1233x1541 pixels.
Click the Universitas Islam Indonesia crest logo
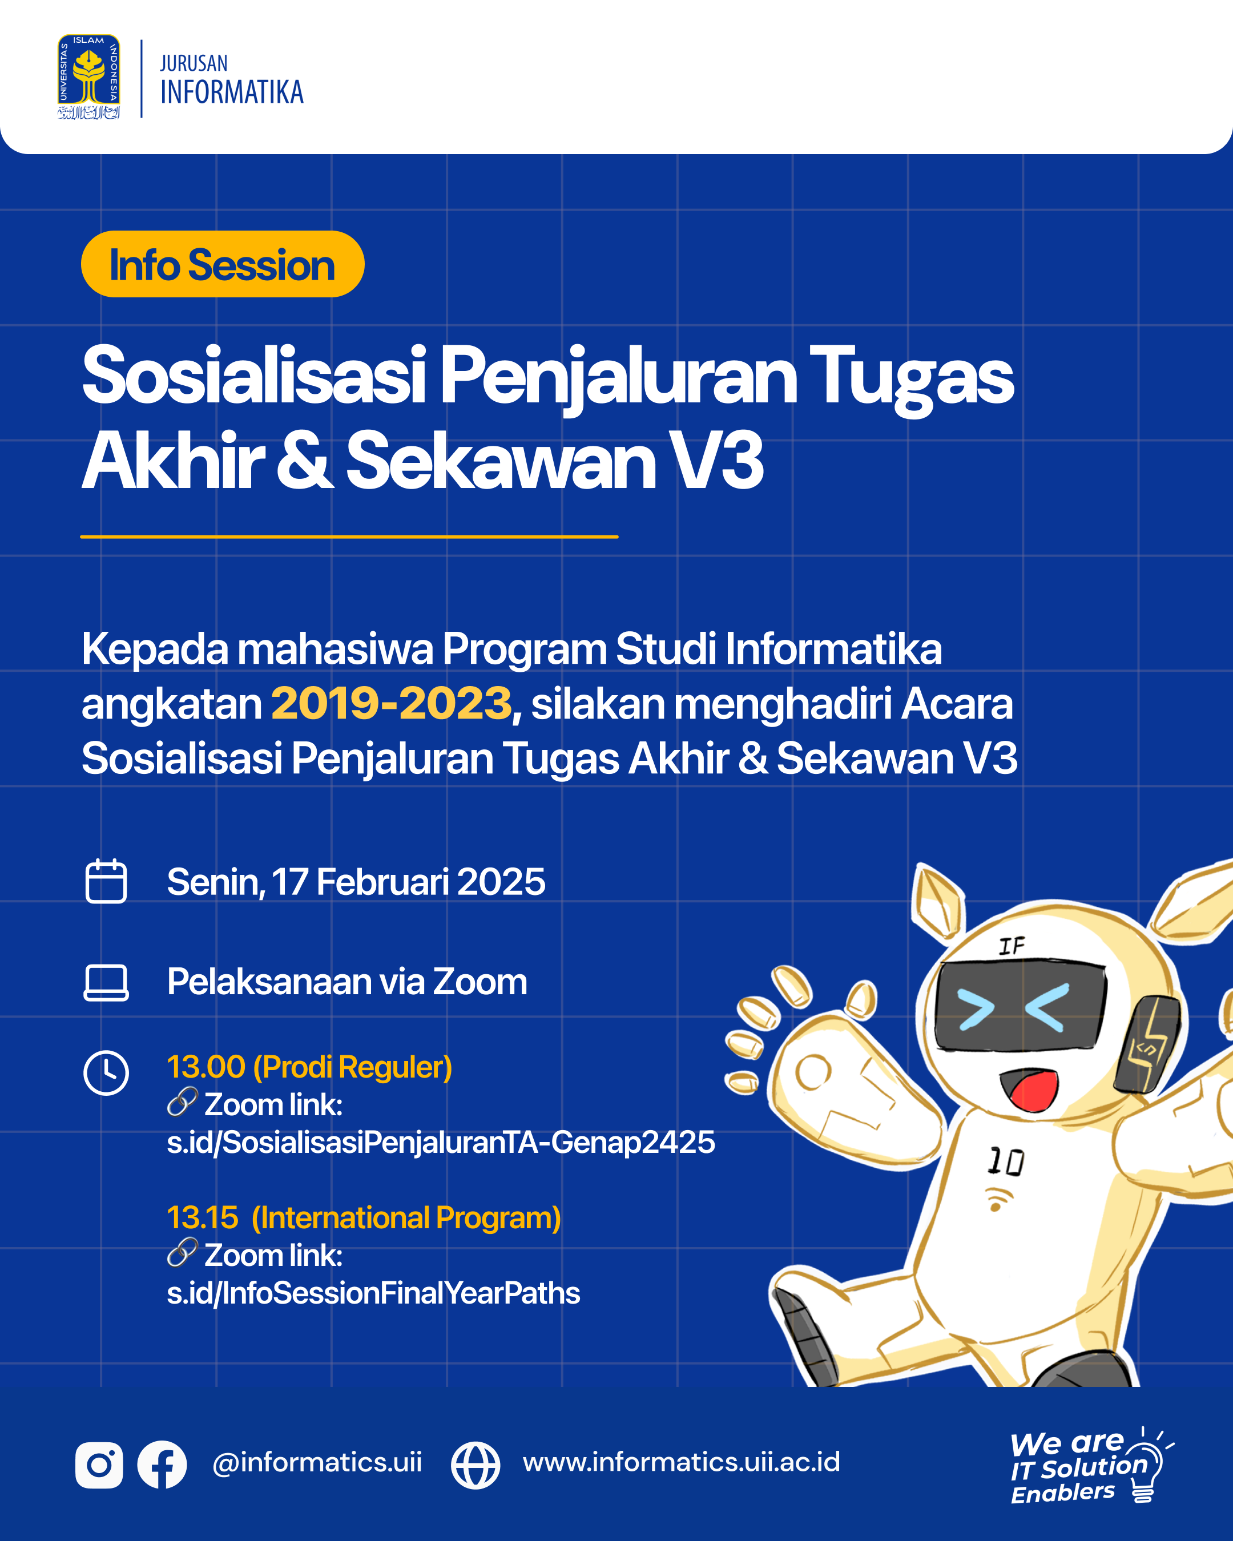click(x=88, y=77)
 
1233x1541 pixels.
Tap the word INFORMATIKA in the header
click(x=232, y=92)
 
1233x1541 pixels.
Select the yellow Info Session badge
click(x=222, y=264)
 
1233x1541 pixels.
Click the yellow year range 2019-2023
click(x=391, y=703)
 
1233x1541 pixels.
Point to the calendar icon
click(x=106, y=881)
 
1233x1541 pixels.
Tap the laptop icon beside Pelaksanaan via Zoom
click(x=106, y=982)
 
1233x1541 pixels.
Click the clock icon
click(x=106, y=1072)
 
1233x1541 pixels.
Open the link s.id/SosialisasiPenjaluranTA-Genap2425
click(x=440, y=1141)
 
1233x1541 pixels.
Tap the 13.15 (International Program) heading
click(x=364, y=1217)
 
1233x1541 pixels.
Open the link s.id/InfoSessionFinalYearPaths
click(x=373, y=1292)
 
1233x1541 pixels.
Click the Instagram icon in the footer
click(x=99, y=1465)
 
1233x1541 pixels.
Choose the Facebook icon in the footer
click(x=162, y=1465)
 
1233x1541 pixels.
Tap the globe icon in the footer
click(x=476, y=1465)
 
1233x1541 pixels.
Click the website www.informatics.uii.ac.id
click(x=681, y=1462)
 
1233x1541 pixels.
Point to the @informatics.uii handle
click(x=317, y=1462)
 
